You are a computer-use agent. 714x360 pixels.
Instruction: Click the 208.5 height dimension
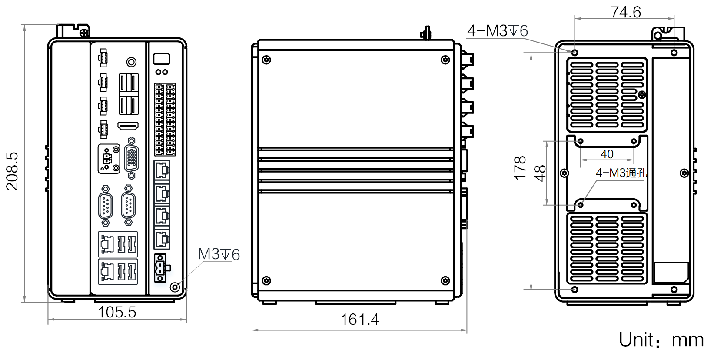coord(12,171)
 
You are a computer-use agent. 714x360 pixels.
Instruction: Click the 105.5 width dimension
coord(117,312)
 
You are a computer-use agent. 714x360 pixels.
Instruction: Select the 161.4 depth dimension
coord(359,320)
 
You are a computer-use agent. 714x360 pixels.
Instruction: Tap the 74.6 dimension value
coord(625,12)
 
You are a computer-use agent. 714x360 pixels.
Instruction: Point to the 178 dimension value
coord(520,168)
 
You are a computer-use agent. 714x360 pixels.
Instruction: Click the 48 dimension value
coord(540,173)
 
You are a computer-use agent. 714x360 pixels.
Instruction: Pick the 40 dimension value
coord(607,154)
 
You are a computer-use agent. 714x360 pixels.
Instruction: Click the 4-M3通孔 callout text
coord(621,173)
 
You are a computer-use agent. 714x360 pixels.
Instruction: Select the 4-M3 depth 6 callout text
coord(497,31)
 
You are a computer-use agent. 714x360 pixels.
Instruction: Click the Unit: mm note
coord(661,340)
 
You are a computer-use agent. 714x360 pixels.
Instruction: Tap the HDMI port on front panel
coord(128,126)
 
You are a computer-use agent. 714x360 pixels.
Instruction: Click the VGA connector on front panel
coord(131,159)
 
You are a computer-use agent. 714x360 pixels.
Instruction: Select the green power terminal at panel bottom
coord(160,268)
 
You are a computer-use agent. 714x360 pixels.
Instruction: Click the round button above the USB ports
coord(131,62)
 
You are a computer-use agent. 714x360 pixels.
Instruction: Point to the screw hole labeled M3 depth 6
coord(175,287)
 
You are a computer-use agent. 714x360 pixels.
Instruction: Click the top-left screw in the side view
coord(267,60)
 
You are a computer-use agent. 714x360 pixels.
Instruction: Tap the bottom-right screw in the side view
coord(445,281)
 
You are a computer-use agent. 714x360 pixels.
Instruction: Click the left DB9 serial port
coord(105,205)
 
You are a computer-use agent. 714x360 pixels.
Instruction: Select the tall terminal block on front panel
coord(165,120)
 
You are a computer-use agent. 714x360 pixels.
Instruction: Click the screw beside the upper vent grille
coord(642,95)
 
